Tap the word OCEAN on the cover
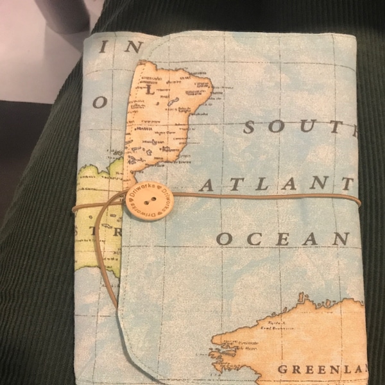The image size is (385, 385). point(282,239)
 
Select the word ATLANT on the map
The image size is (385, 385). point(276,185)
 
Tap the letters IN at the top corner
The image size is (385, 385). point(122,47)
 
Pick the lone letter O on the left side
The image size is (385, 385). point(99,102)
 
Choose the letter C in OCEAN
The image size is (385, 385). point(251,239)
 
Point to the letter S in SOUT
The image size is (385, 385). point(251,126)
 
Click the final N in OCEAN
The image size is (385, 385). point(341,239)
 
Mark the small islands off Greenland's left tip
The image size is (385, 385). point(221,360)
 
